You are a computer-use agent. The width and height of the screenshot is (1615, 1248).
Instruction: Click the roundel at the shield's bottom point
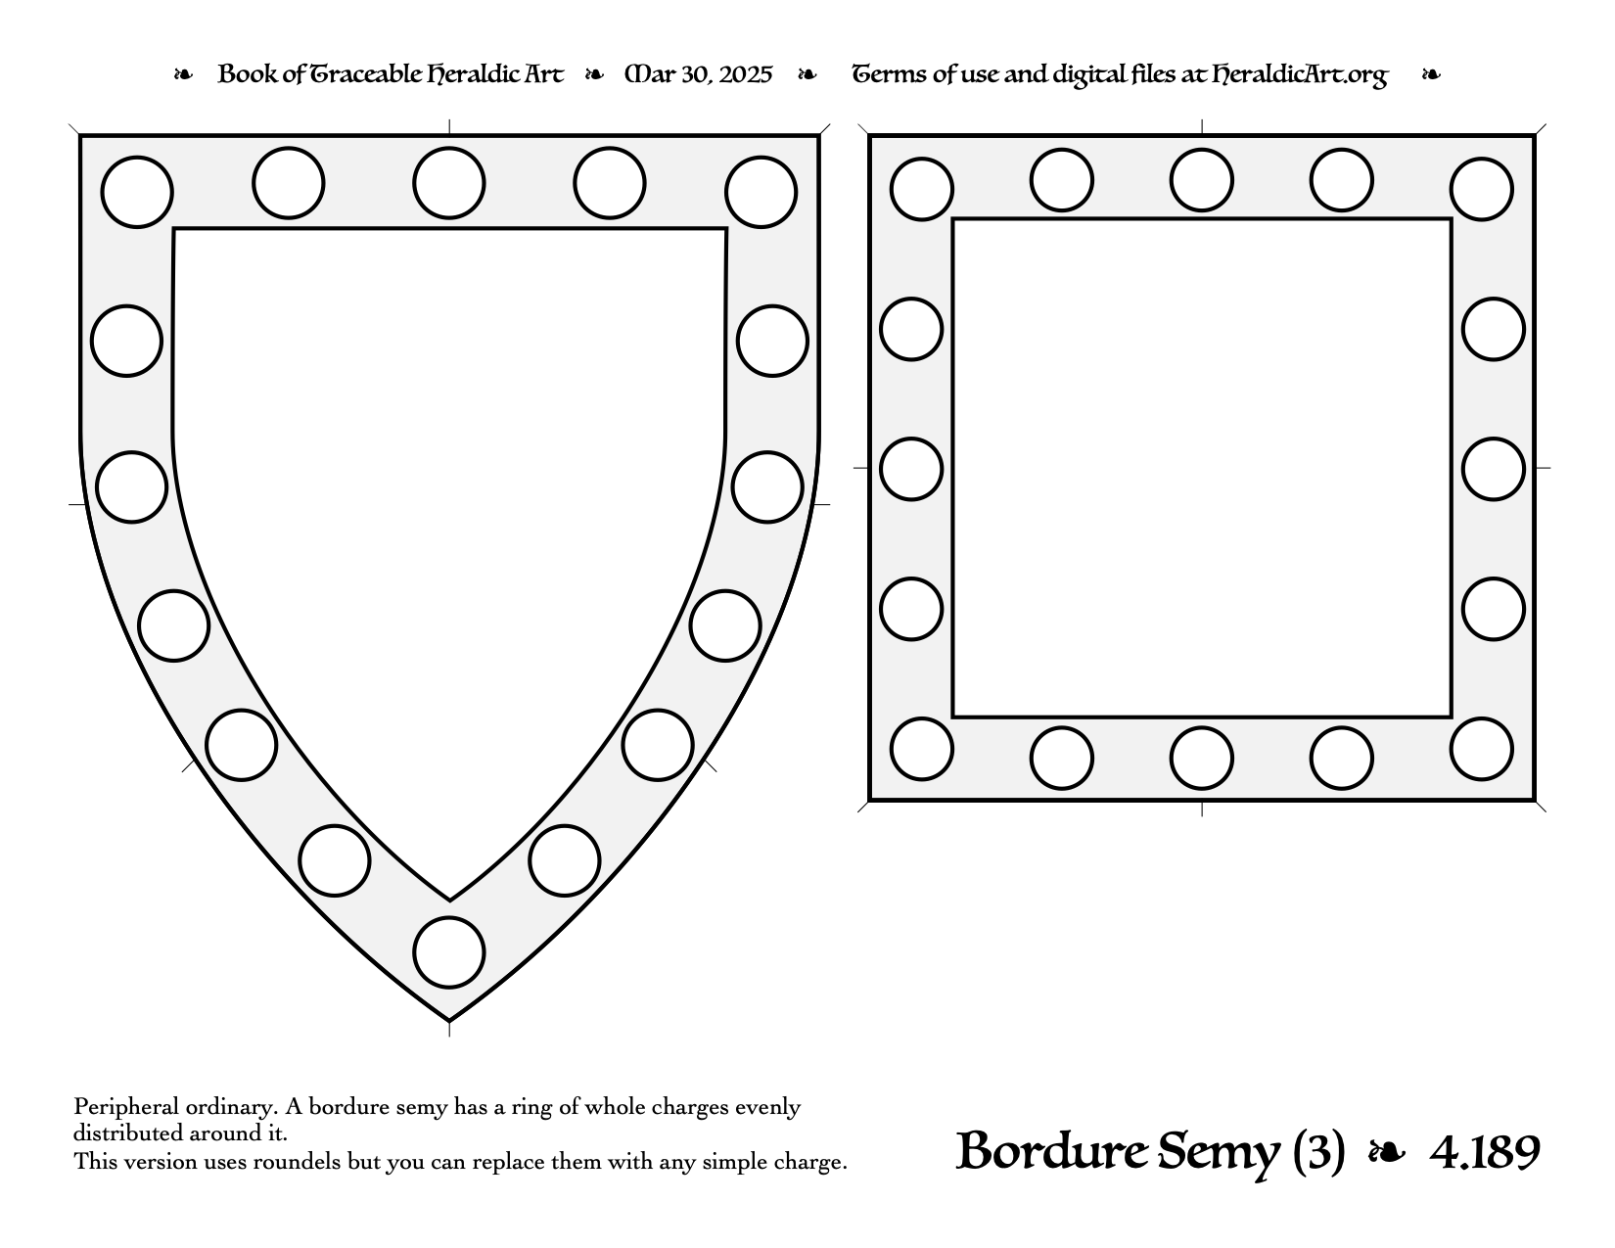point(449,952)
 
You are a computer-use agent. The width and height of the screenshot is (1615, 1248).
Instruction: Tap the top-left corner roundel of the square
point(922,189)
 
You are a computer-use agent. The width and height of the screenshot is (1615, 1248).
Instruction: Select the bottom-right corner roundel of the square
point(1481,749)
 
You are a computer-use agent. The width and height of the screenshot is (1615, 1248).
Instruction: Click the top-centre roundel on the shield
point(449,183)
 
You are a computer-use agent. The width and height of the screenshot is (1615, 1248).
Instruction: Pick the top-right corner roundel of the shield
point(761,192)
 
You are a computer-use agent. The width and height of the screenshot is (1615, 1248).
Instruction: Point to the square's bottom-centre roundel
point(1202,758)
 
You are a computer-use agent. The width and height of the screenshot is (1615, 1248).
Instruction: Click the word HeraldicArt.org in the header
point(1300,75)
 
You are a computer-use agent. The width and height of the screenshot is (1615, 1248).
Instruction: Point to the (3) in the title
point(1318,1153)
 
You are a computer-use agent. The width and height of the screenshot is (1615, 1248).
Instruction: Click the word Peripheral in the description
point(125,1107)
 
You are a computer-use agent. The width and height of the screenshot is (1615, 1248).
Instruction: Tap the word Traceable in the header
point(364,75)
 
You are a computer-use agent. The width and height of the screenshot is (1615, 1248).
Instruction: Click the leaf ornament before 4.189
point(1387,1153)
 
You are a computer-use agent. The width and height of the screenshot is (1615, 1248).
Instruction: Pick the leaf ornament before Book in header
point(183,74)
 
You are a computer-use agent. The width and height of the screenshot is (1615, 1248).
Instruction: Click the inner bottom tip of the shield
point(449,901)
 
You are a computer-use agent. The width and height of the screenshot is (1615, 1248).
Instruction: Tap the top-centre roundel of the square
point(1201,180)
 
